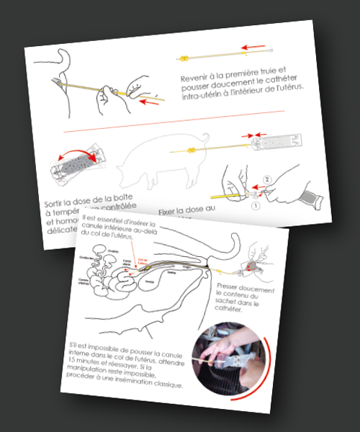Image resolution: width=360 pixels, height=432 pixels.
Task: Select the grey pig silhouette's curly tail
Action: (205, 138)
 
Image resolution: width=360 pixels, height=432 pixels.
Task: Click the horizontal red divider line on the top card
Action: (173, 112)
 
